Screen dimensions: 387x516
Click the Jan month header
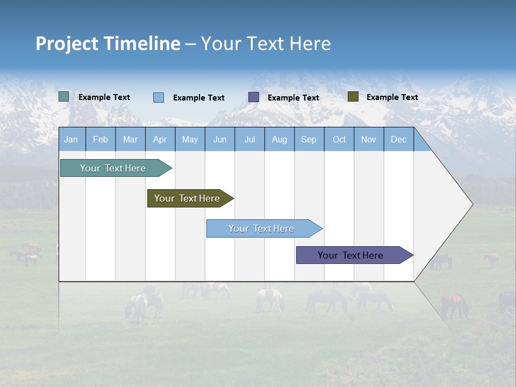pyautogui.click(x=71, y=140)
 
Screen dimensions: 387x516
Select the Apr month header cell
pyautogui.click(x=160, y=140)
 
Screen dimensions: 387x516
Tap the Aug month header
pyautogui.click(x=279, y=140)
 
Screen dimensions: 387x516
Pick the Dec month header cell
pyautogui.click(x=399, y=140)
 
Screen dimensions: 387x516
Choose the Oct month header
pyautogui.click(x=339, y=140)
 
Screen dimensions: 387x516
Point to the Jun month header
pyautogui.click(x=220, y=140)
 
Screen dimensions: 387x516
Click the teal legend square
pyautogui.click(x=64, y=97)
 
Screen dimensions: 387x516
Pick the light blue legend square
pyautogui.click(x=159, y=97)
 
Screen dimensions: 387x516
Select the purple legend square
pyautogui.click(x=254, y=97)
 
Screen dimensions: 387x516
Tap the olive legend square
pyautogui.click(x=353, y=97)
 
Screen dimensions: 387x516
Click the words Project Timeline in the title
pyautogui.click(x=107, y=44)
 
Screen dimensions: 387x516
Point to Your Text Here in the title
pyautogui.click(x=266, y=44)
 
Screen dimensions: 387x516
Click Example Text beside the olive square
pyautogui.click(x=392, y=97)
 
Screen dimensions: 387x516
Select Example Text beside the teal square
pyautogui.click(x=104, y=97)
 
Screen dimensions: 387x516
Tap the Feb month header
pyautogui.click(x=101, y=140)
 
